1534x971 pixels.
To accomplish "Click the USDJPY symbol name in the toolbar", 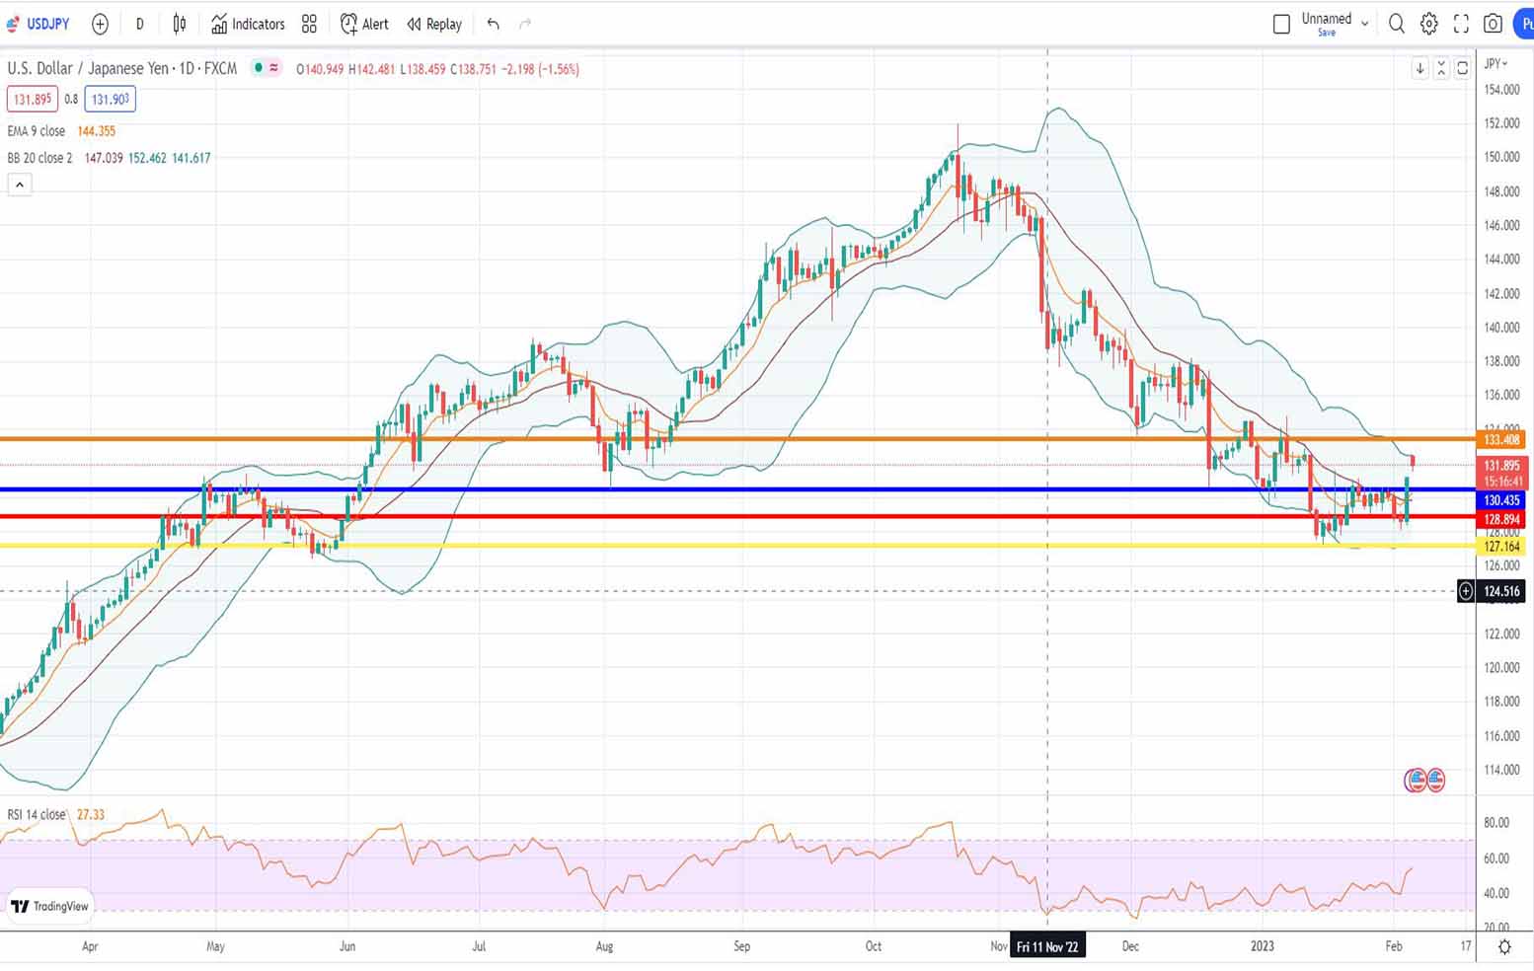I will [47, 24].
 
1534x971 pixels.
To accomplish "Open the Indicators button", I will [248, 24].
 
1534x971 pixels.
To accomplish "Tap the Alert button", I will [364, 24].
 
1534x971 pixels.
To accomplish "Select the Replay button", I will [434, 24].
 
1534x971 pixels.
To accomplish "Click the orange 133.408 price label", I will [1501, 439].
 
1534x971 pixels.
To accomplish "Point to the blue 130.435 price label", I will [1501, 500].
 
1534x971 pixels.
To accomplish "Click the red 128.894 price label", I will [1501, 519].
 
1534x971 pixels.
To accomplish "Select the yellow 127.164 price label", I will [1501, 546].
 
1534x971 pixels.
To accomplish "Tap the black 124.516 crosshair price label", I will [1501, 591].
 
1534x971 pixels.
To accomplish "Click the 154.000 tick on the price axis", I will [1501, 90].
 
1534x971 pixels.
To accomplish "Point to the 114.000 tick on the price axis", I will [1501, 770].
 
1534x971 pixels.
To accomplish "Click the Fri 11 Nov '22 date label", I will [1047, 946].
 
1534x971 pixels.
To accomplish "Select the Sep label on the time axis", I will [741, 946].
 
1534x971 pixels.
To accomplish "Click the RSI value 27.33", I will [91, 814].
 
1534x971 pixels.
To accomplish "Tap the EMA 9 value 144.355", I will [97, 131].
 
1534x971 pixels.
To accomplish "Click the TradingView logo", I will [50, 906].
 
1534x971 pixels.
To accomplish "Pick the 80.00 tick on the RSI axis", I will [1496, 822].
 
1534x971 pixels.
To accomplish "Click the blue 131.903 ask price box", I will [110, 99].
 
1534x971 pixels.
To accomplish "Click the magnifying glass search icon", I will [1396, 24].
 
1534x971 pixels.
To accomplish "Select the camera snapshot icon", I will [1493, 24].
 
